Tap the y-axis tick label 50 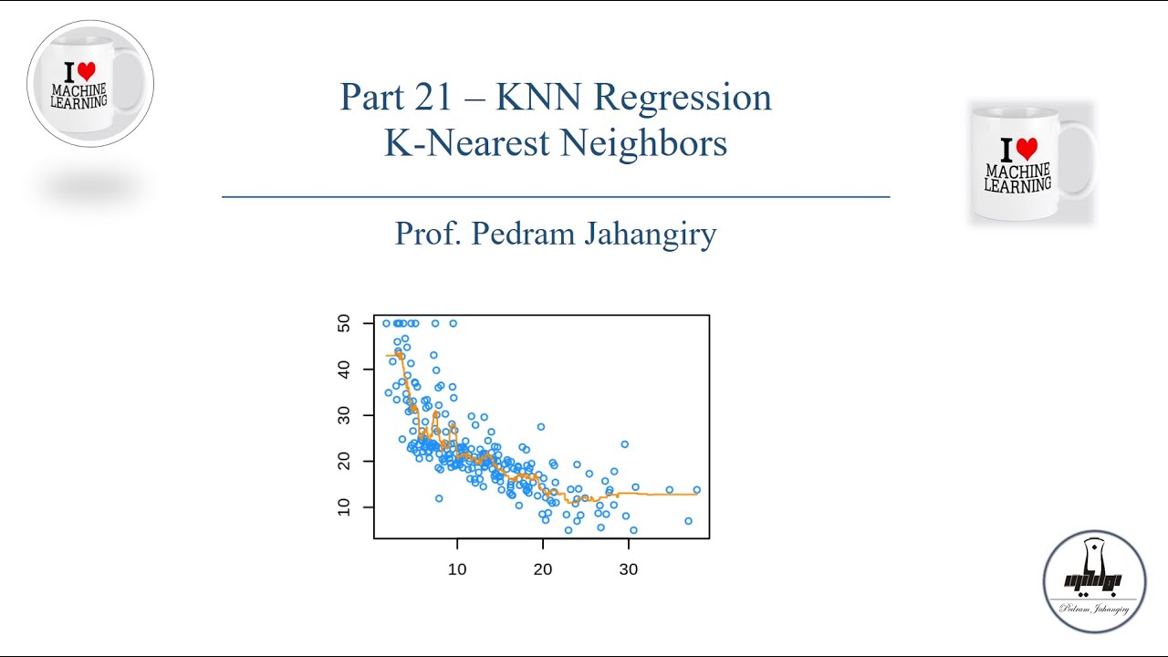pos(344,323)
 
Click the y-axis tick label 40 pos(344,369)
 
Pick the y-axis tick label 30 pos(344,415)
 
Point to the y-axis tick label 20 pos(344,461)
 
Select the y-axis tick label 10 pos(344,506)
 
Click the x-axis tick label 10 pos(456,569)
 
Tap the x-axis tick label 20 pos(543,569)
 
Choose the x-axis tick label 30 pos(629,569)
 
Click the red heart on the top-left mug pos(86,71)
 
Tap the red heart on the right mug pos(1027,150)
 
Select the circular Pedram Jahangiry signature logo pos(1094,581)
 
